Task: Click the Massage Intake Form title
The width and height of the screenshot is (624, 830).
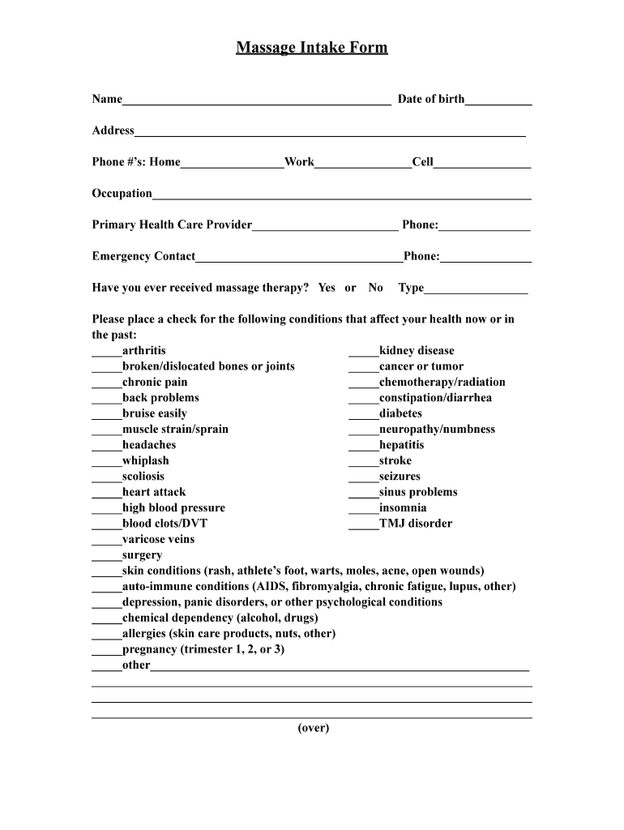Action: click(312, 48)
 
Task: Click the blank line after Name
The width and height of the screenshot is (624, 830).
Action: click(256, 101)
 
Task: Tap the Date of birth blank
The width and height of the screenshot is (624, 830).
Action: click(498, 101)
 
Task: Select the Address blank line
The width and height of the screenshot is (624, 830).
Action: click(330, 133)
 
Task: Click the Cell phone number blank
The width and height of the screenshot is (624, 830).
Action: click(482, 165)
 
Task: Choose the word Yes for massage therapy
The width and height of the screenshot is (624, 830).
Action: click(327, 288)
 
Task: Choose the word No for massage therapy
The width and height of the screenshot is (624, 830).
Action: click(375, 288)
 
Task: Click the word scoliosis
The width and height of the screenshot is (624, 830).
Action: click(143, 477)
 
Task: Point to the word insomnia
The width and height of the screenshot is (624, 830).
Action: click(403, 508)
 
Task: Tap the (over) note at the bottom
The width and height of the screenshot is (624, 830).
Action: click(313, 728)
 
